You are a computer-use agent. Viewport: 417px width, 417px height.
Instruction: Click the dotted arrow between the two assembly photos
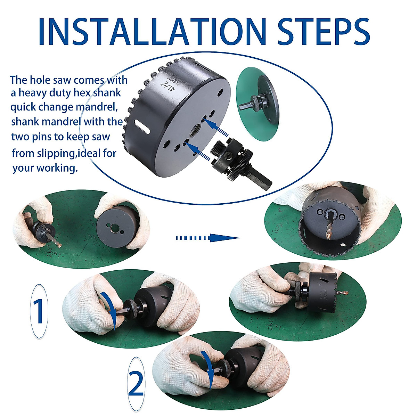208,238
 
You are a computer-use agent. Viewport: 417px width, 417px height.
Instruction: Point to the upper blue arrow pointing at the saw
215,128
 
